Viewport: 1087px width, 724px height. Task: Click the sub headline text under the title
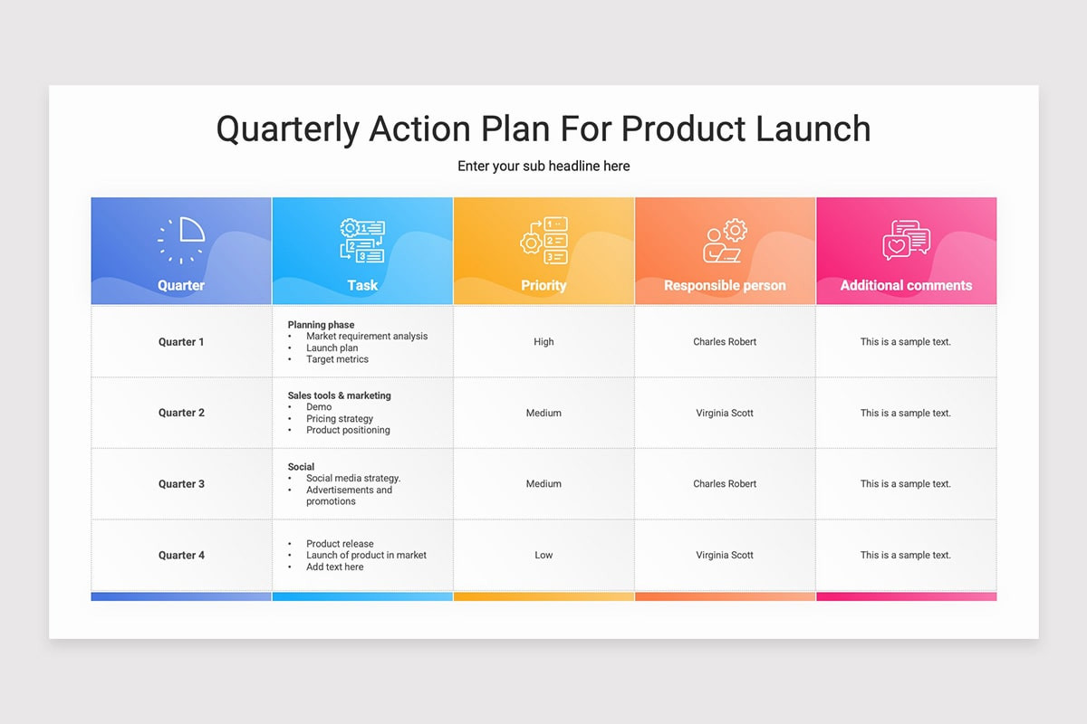pos(543,167)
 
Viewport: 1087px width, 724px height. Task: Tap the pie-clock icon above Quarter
pos(181,240)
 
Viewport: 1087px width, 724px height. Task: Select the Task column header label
pos(362,285)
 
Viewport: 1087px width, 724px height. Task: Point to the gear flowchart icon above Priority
pos(543,241)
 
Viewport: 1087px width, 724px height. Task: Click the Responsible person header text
pos(725,285)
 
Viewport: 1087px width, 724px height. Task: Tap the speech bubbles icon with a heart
pos(906,241)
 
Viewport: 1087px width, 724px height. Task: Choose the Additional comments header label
pos(906,285)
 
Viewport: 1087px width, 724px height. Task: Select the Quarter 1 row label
pos(181,342)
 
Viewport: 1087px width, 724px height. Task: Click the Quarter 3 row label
pos(181,484)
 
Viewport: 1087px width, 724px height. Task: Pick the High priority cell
pos(543,342)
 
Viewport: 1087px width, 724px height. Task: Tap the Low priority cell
pos(543,556)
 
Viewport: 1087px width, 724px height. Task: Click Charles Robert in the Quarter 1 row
pos(725,342)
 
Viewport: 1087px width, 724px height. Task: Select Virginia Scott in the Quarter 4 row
pos(725,556)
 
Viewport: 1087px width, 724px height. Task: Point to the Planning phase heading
pos(321,325)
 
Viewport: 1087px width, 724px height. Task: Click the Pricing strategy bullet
pos(340,419)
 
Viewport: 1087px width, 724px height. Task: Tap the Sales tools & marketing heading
pos(339,395)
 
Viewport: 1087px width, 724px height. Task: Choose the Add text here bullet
pos(334,567)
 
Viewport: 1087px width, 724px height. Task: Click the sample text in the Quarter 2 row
pos(906,414)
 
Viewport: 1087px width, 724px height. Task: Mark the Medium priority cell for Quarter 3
pos(543,484)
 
